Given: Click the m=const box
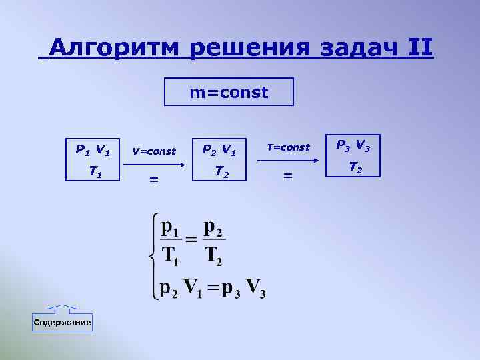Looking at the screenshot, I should click(229, 92).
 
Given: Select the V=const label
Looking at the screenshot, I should click(154, 151).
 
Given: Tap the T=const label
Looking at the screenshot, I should click(288, 147).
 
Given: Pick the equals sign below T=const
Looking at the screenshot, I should click(288, 175).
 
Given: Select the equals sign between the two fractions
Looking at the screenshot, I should click(191, 239).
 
